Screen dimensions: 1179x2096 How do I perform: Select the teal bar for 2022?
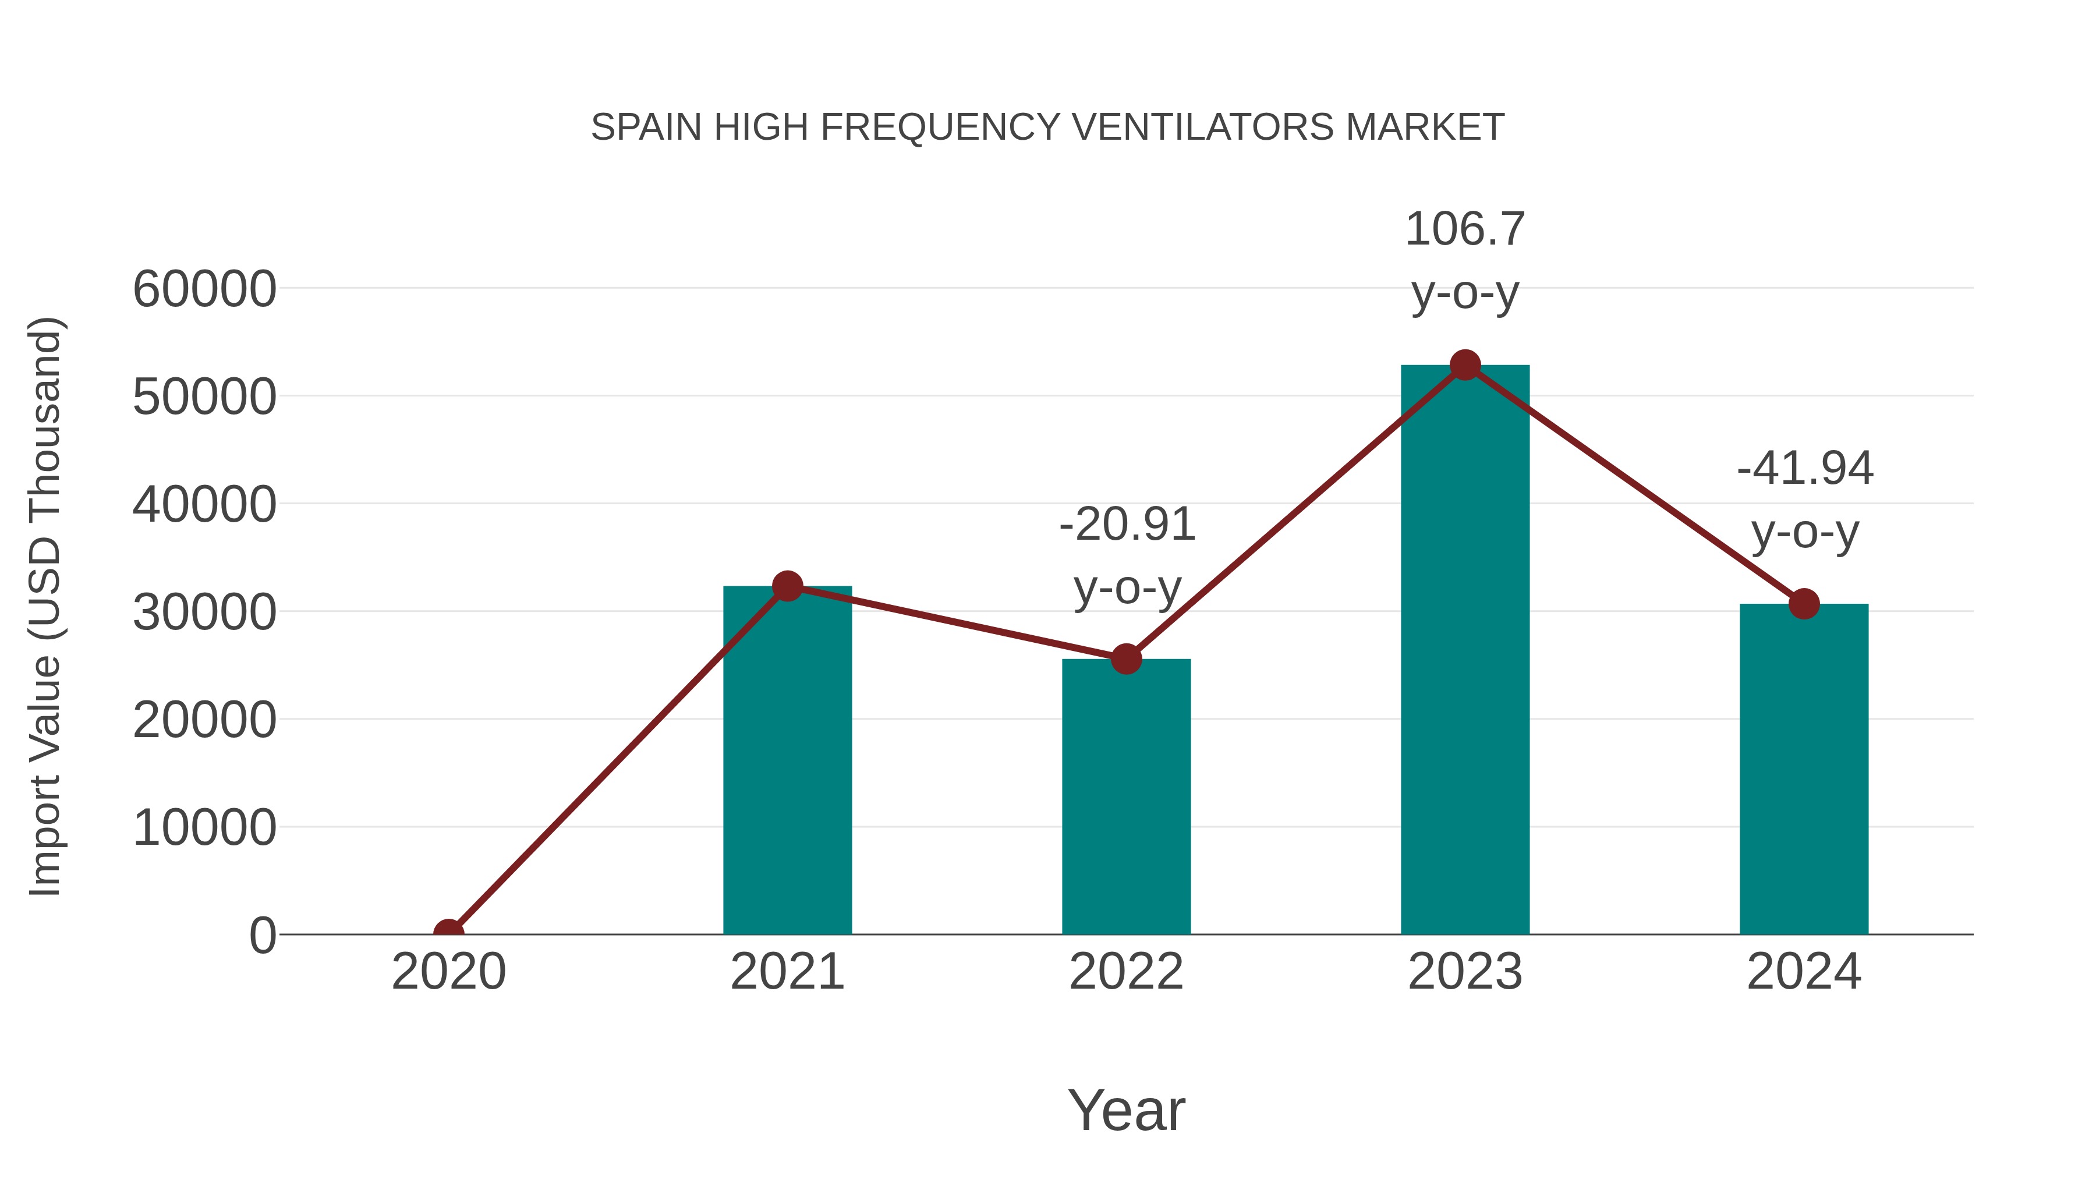(1126, 798)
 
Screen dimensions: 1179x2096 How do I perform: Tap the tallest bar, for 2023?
(1465, 651)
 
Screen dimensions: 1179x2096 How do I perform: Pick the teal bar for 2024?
(1804, 769)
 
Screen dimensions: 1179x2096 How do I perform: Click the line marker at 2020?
(448, 933)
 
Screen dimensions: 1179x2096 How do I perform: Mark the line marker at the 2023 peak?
(1465, 365)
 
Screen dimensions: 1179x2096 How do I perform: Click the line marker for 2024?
(1804, 604)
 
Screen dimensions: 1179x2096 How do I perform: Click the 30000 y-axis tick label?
(204, 612)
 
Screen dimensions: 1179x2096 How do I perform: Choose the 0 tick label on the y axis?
(262, 935)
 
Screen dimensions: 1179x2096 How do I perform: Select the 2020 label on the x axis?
(448, 972)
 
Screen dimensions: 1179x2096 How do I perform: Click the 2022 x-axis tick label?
(1126, 972)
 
